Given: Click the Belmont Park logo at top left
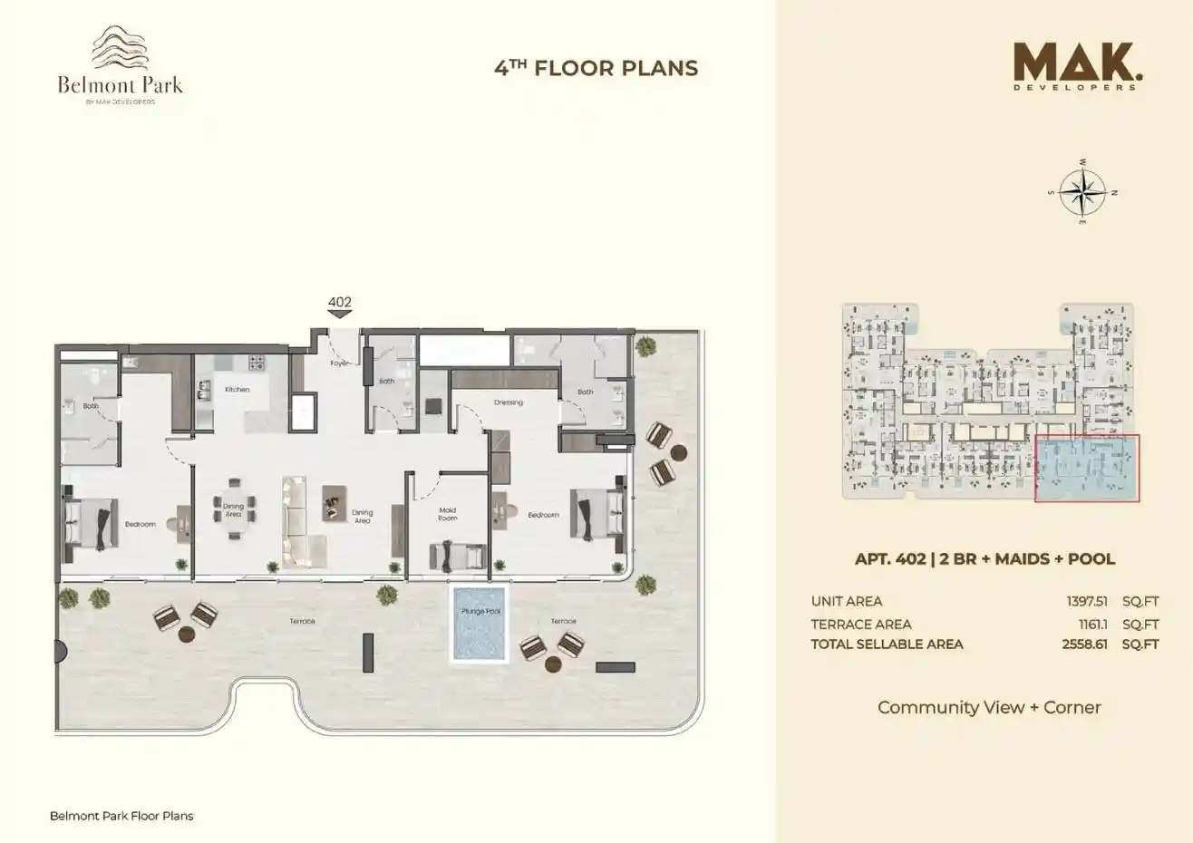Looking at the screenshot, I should (x=120, y=65).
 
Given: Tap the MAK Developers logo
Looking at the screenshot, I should (x=1074, y=66).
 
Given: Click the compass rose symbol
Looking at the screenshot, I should (x=1082, y=191).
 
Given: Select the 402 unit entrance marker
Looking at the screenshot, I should (x=339, y=307).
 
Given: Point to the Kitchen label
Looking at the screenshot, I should (x=238, y=390).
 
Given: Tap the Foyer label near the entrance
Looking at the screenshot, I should (x=340, y=363).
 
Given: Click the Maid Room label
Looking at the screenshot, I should (x=447, y=514).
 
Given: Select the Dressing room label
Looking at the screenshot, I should (x=508, y=402).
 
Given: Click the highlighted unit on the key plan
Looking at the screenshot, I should (x=1087, y=468).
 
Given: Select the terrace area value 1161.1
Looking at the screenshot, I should (x=1091, y=624).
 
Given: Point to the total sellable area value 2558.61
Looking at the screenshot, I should (x=1085, y=644).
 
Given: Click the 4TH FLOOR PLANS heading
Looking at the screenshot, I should (x=596, y=68).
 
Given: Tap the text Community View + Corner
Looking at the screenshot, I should (x=988, y=707).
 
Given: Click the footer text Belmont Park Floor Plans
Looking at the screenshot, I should (x=121, y=816).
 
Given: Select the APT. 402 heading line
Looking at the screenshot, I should (x=984, y=559).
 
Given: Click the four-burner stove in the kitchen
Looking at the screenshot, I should (x=257, y=362).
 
